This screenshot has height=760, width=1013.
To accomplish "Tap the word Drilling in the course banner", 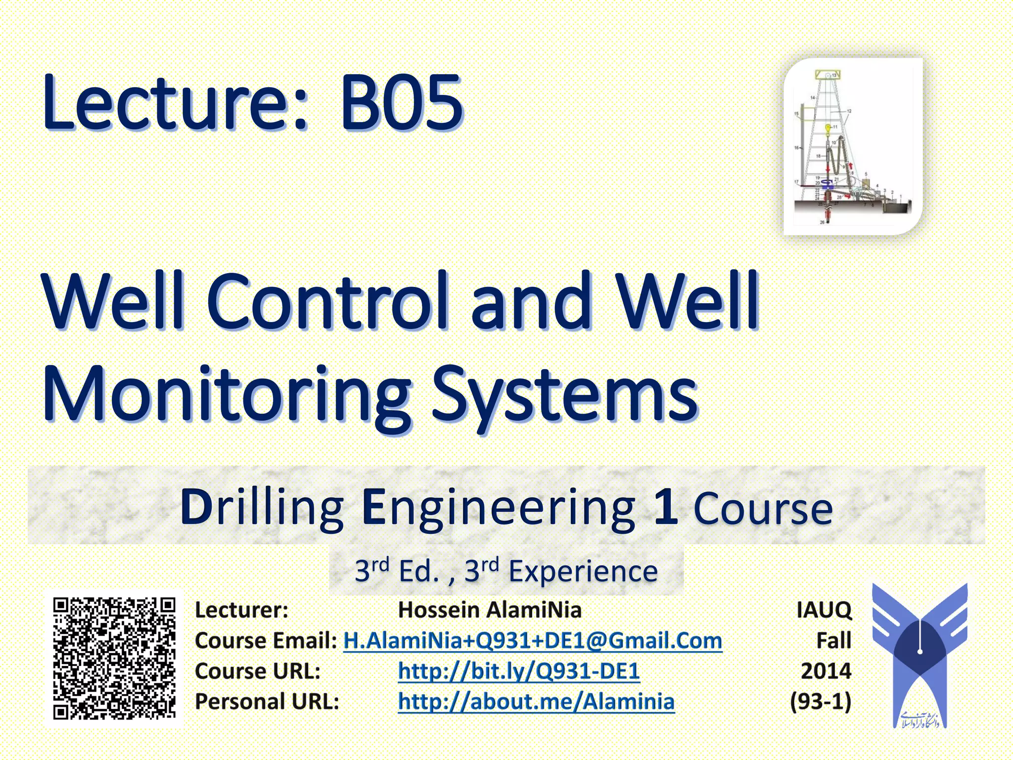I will (x=262, y=507).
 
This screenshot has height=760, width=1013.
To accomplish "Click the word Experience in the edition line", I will (x=583, y=571).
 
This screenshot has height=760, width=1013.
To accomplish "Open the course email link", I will (x=533, y=641).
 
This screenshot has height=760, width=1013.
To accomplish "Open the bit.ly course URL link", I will (x=519, y=671).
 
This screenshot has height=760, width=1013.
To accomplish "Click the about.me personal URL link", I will (x=536, y=702).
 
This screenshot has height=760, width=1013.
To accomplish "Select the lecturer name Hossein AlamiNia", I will (x=490, y=610).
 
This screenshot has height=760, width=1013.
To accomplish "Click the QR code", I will (x=114, y=659).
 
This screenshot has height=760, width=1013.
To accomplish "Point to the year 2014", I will (x=826, y=671).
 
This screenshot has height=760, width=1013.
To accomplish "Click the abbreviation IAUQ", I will (x=824, y=610).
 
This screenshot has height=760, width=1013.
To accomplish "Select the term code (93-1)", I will (x=821, y=702).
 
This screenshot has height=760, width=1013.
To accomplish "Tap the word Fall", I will (x=833, y=641).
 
